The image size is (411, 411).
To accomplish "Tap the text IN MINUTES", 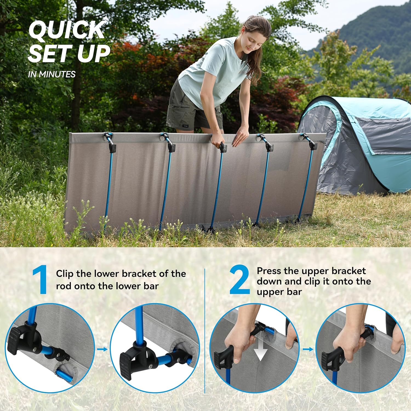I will click(52, 74).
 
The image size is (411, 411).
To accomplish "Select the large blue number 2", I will click(239, 280).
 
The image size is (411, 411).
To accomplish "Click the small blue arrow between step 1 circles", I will click(102, 349).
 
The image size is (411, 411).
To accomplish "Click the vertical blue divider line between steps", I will click(205, 329).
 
